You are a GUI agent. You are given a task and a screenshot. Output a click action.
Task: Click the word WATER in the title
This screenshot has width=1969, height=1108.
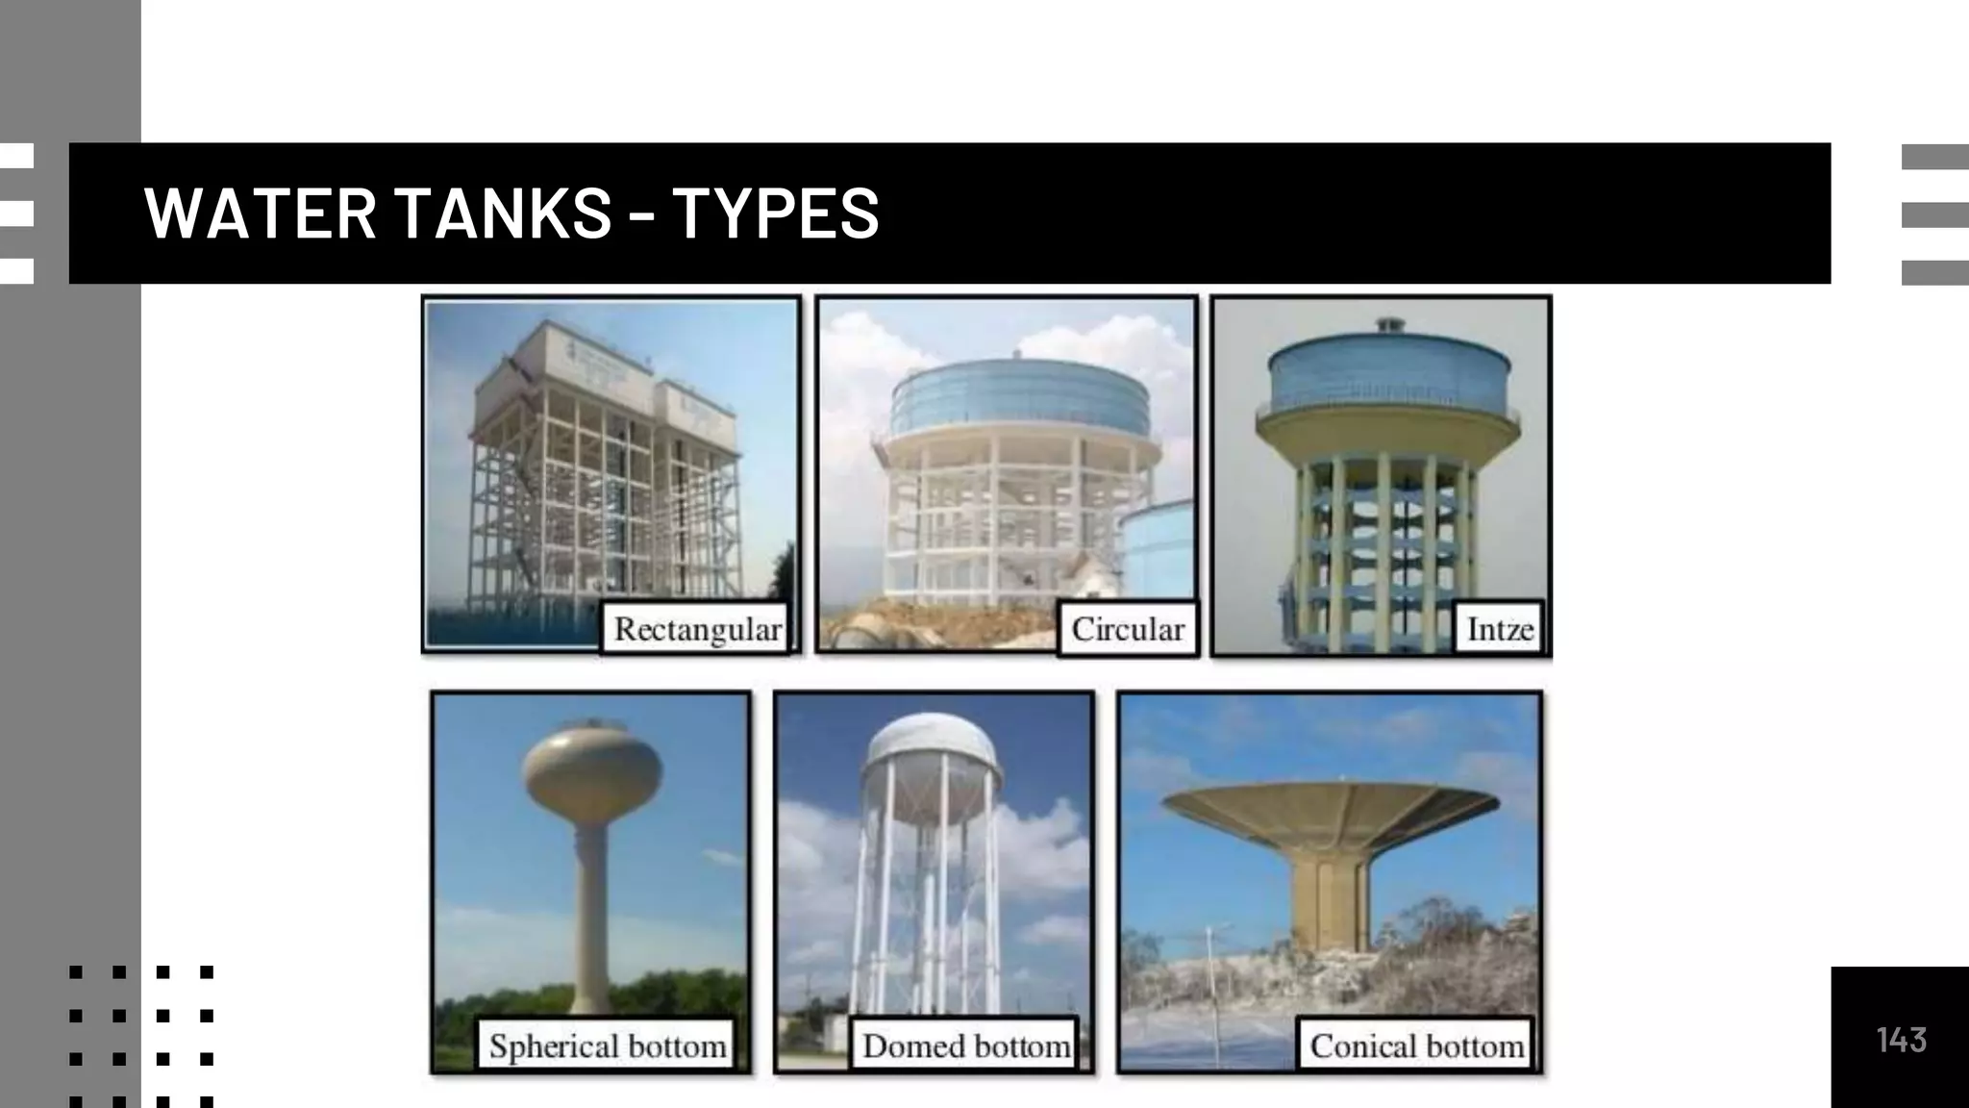point(260,213)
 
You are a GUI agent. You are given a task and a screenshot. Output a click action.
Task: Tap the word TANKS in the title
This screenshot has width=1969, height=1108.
point(503,213)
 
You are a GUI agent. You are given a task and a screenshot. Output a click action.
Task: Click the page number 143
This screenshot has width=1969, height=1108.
point(1901,1040)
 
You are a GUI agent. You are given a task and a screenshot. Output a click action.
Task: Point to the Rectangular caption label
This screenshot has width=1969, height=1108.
point(697,629)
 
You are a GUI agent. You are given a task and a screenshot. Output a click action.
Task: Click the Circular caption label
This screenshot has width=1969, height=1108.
point(1127,629)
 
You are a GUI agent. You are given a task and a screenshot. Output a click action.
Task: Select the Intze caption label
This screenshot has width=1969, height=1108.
point(1499,629)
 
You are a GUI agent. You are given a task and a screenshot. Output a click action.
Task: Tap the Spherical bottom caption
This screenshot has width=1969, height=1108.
point(607,1045)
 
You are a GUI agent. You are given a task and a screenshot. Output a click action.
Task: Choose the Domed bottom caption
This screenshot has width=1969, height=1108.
point(965,1045)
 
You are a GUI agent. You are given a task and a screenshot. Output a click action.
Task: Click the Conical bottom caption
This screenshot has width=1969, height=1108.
point(1416,1045)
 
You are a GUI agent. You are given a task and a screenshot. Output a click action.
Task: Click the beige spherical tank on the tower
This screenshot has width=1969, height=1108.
point(592,770)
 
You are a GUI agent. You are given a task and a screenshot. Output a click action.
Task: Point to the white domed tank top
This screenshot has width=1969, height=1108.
point(930,744)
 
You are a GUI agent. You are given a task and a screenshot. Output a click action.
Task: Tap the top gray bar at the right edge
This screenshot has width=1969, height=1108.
point(1934,157)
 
